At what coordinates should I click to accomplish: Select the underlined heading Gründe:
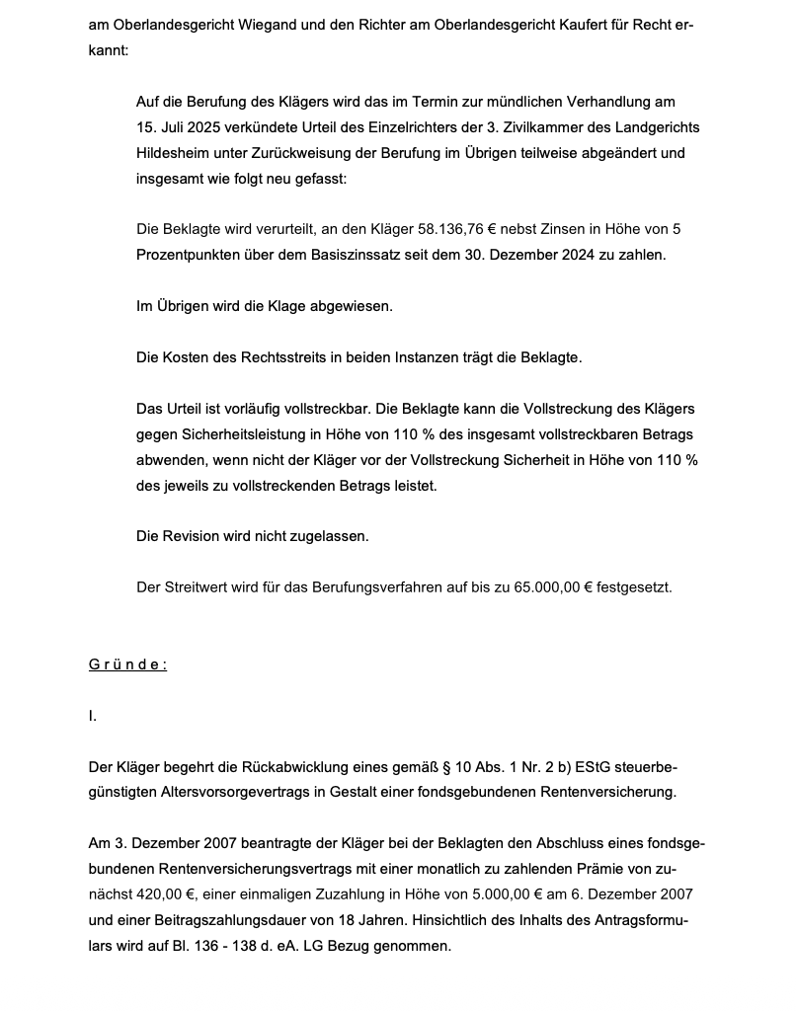pyautogui.click(x=127, y=664)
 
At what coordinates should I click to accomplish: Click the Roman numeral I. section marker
pyautogui.click(x=93, y=716)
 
